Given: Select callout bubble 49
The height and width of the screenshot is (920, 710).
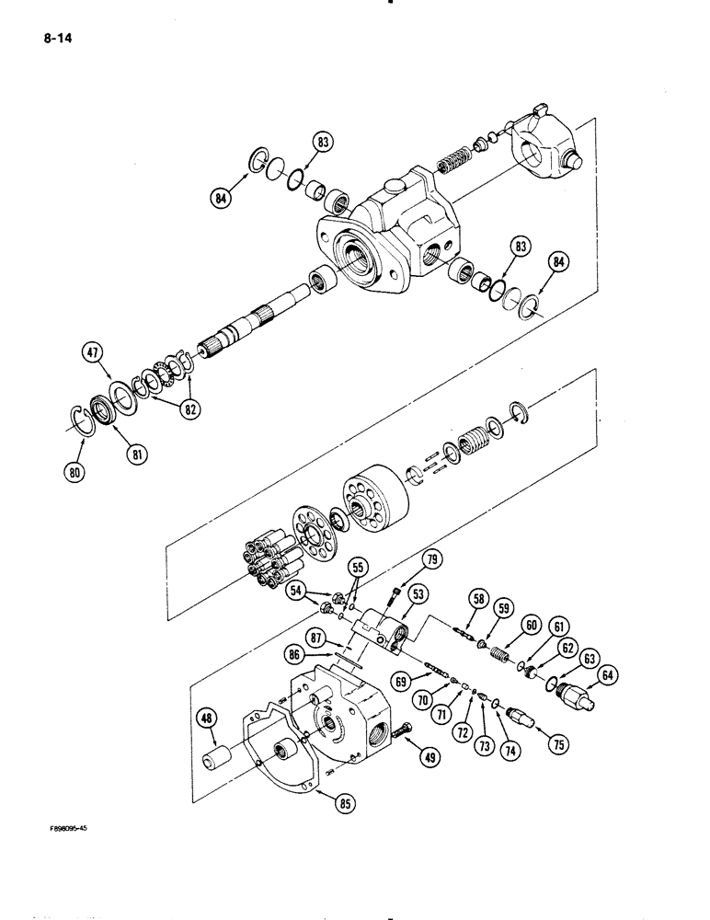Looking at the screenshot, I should (431, 757).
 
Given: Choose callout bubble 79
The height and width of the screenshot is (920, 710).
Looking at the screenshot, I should (429, 559).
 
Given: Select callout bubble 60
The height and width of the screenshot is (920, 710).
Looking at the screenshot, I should (531, 623).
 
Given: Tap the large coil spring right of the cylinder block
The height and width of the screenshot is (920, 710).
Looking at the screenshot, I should (476, 436).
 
